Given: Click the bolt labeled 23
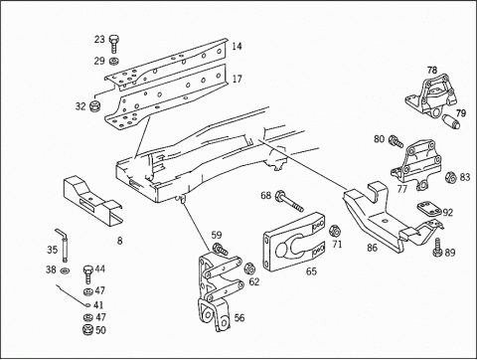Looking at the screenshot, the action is pos(113,44).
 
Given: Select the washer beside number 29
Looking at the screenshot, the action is pos(114,61).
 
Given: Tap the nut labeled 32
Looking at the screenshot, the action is pos(95,105).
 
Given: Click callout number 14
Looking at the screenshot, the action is pos(237,46).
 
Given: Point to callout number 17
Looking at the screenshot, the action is pos(238,80).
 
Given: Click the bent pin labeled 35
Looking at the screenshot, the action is pos(64,245).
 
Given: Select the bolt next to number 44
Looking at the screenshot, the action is pos(87,274).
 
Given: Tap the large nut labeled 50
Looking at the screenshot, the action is pos(88,330).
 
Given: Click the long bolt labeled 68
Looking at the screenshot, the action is pos(289,201).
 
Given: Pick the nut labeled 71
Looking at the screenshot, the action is pos(335,230).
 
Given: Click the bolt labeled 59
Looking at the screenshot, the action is pos(220,249).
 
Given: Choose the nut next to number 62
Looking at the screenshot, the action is pos(248,269).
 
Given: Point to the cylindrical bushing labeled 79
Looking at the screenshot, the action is pos(452,121).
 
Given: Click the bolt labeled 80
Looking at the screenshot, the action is pos(396,141).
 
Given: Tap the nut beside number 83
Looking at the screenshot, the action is pos(450,177).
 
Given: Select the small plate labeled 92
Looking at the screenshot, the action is pos(427,209).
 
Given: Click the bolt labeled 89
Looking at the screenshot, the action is pos(438,248).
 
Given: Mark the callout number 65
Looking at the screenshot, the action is pos(311,271).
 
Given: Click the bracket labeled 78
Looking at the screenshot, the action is pos(430,96).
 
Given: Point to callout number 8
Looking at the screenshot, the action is pos(119,241).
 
